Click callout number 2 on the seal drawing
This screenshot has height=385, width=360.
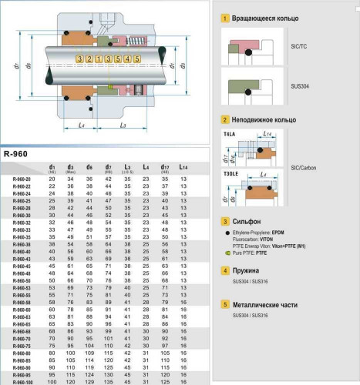(x=89, y=59)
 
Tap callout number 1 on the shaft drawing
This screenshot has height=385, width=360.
(x=99, y=59)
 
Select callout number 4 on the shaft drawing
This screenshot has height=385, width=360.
(x=127, y=59)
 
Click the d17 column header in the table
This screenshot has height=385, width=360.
(x=164, y=168)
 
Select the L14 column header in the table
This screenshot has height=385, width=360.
(x=183, y=168)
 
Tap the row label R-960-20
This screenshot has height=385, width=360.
(x=22, y=179)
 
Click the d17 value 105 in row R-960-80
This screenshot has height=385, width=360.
(x=164, y=353)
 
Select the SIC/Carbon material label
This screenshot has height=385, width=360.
(x=304, y=167)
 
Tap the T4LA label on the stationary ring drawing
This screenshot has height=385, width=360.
(x=230, y=133)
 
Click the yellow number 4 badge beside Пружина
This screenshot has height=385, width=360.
(x=224, y=271)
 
